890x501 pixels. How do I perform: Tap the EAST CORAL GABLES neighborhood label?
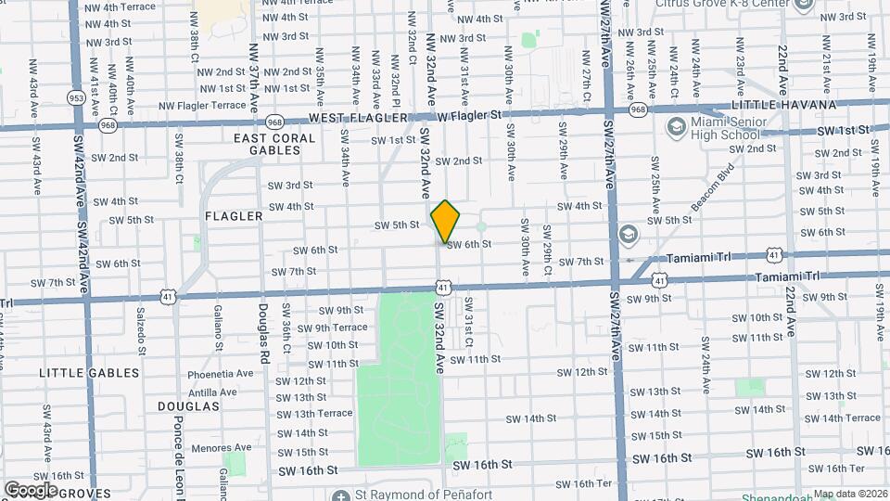coord(274,145)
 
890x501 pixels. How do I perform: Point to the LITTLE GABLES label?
coord(89,373)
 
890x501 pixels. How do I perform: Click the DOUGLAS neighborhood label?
coord(188,406)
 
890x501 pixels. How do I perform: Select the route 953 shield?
coord(76,96)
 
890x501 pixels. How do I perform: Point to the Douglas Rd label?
coord(263,336)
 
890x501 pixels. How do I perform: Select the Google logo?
coord(31,489)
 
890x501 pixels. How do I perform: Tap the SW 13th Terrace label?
coord(315,413)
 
